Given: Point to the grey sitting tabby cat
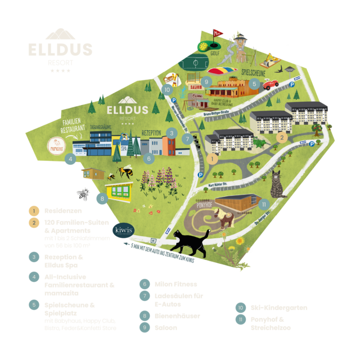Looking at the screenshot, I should tap(277, 185).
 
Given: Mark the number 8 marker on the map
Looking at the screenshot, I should tap(101, 199).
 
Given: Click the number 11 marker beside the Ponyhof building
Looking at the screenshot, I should tap(264, 204).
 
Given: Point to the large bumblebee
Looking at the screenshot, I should tap(124, 172).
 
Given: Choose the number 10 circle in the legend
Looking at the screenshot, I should tap(241, 308).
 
